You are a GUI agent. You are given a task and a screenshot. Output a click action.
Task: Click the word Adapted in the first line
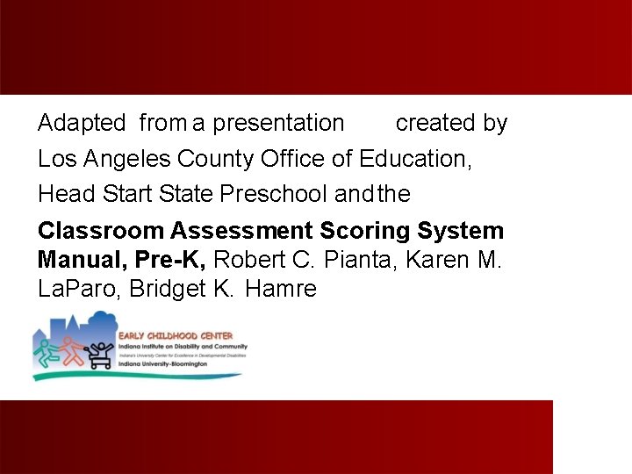(82, 124)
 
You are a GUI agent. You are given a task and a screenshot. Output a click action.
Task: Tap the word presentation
(278, 124)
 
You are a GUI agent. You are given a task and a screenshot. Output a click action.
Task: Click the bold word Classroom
(101, 232)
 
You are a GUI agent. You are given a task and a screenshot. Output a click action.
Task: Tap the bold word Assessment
(241, 232)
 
